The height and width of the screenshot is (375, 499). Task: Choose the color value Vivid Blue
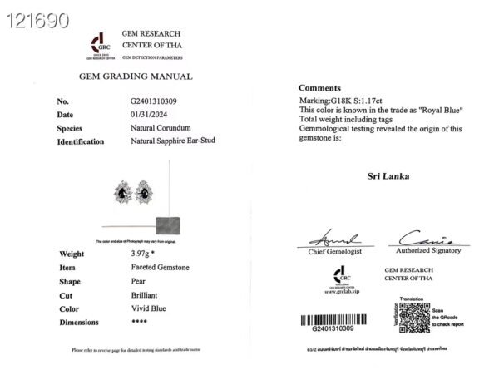click(148, 308)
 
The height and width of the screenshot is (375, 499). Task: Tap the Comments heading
click(319, 87)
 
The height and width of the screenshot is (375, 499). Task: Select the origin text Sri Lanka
click(388, 176)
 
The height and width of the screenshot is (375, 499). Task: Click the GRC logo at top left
click(98, 45)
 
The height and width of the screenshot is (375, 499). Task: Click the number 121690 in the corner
click(37, 21)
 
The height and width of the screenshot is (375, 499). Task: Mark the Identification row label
click(81, 141)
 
